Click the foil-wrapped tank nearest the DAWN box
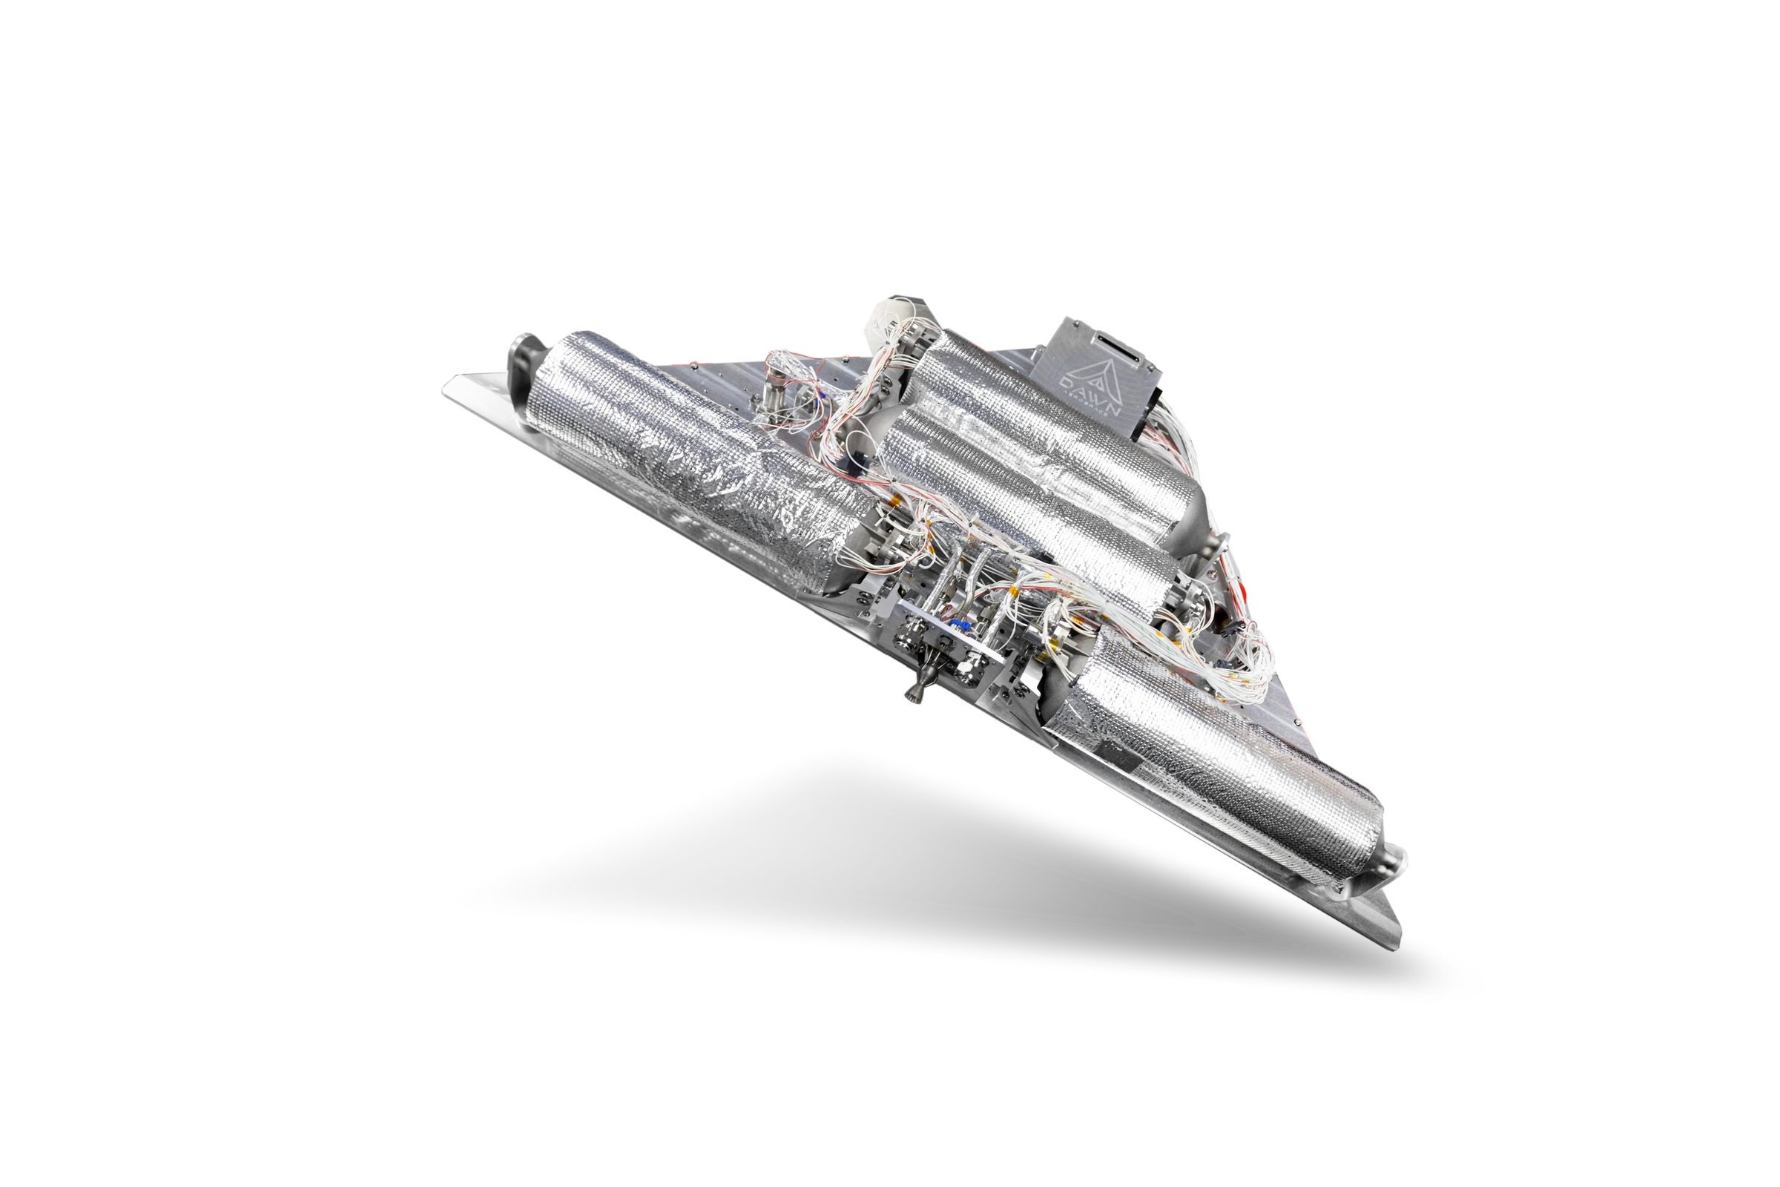pyautogui.click(x=1060, y=424)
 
